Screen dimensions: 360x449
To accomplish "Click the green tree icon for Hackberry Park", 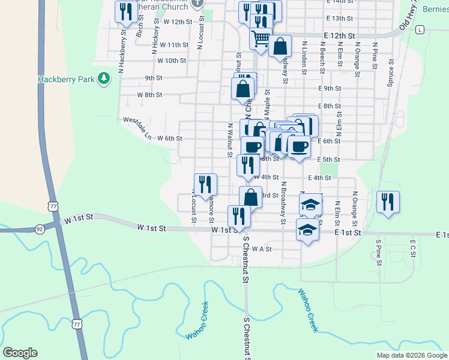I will tap(104, 79).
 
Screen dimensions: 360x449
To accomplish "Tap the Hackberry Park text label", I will tap(67, 79).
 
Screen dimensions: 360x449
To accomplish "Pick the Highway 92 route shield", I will tap(40, 229).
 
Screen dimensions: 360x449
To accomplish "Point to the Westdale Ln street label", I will tap(137, 127).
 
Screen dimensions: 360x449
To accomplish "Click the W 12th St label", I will tap(177, 22).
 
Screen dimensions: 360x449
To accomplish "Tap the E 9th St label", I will tap(330, 88).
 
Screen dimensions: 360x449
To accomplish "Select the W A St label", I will tap(262, 248).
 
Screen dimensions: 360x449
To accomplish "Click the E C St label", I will tap(413, 249).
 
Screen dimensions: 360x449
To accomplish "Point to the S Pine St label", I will tap(379, 250).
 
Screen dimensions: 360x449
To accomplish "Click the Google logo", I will tap(20, 353).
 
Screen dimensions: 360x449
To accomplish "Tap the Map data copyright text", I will tap(411, 355).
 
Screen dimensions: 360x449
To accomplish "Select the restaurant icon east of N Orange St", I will tap(388, 202).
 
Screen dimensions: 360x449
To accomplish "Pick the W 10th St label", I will tap(172, 61).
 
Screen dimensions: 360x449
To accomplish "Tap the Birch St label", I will tap(139, 27).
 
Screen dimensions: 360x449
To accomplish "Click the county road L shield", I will tap(420, 29).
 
